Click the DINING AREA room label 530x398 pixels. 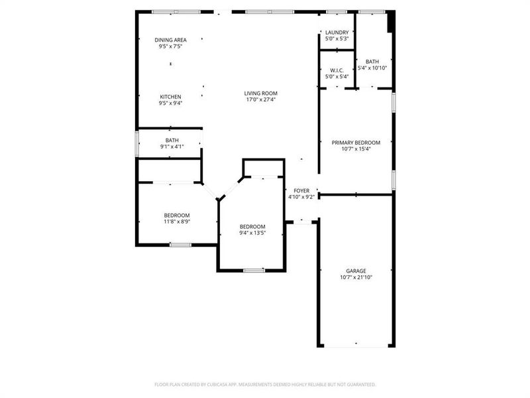(170, 40)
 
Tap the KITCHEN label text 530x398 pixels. (170, 97)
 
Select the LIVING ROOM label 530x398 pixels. (260, 93)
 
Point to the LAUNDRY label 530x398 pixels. (337, 33)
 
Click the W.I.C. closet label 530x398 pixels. (337, 70)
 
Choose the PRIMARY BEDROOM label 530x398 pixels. (356, 143)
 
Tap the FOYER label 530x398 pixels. (301, 190)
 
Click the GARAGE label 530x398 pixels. (356, 271)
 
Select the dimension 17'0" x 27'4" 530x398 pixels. (260, 99)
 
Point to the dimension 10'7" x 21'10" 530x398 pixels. (356, 277)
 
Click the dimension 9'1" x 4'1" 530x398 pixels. (172, 147)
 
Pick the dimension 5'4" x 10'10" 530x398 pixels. (372, 68)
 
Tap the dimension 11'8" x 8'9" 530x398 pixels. (177, 222)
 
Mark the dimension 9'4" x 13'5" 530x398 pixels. (252, 233)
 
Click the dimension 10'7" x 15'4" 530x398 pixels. (356, 149)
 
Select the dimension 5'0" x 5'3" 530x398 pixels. (337, 39)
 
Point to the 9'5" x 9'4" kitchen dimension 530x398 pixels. (170, 103)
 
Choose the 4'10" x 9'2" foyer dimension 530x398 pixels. (301, 197)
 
